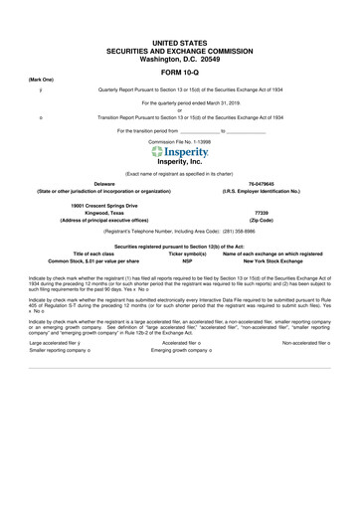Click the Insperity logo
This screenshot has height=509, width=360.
180,152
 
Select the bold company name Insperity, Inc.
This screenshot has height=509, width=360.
180,162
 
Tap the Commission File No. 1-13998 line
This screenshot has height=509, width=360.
180,142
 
